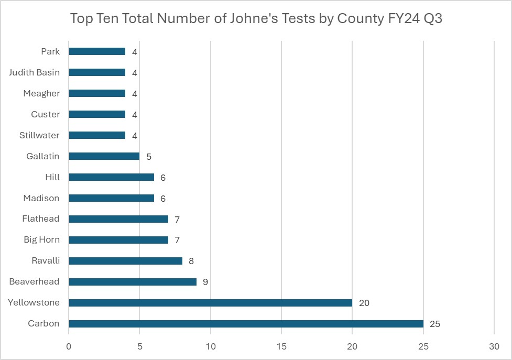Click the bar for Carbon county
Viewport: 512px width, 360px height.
(x=246, y=324)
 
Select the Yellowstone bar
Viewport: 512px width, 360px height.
(x=210, y=303)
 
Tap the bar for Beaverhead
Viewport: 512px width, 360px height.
(x=133, y=282)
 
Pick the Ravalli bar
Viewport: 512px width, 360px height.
(x=125, y=261)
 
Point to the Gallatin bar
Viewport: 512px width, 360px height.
(x=104, y=156)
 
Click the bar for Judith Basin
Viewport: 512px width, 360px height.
(x=97, y=72)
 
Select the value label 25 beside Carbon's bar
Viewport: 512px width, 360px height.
(x=435, y=324)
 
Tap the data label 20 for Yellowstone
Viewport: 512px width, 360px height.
(x=364, y=303)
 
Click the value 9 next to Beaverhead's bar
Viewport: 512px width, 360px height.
(x=205, y=282)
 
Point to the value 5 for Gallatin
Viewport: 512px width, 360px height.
(x=149, y=156)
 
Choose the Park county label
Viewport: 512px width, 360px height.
(x=50, y=51)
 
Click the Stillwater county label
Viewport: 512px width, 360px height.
(x=39, y=135)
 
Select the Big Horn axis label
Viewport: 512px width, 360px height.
(x=41, y=240)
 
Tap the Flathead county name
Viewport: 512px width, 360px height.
(x=40, y=219)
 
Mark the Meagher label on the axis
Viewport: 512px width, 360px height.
(x=41, y=93)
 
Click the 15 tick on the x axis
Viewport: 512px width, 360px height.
(x=281, y=346)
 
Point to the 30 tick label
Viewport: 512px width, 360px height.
(x=494, y=346)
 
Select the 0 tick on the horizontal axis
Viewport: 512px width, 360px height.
(x=69, y=346)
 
